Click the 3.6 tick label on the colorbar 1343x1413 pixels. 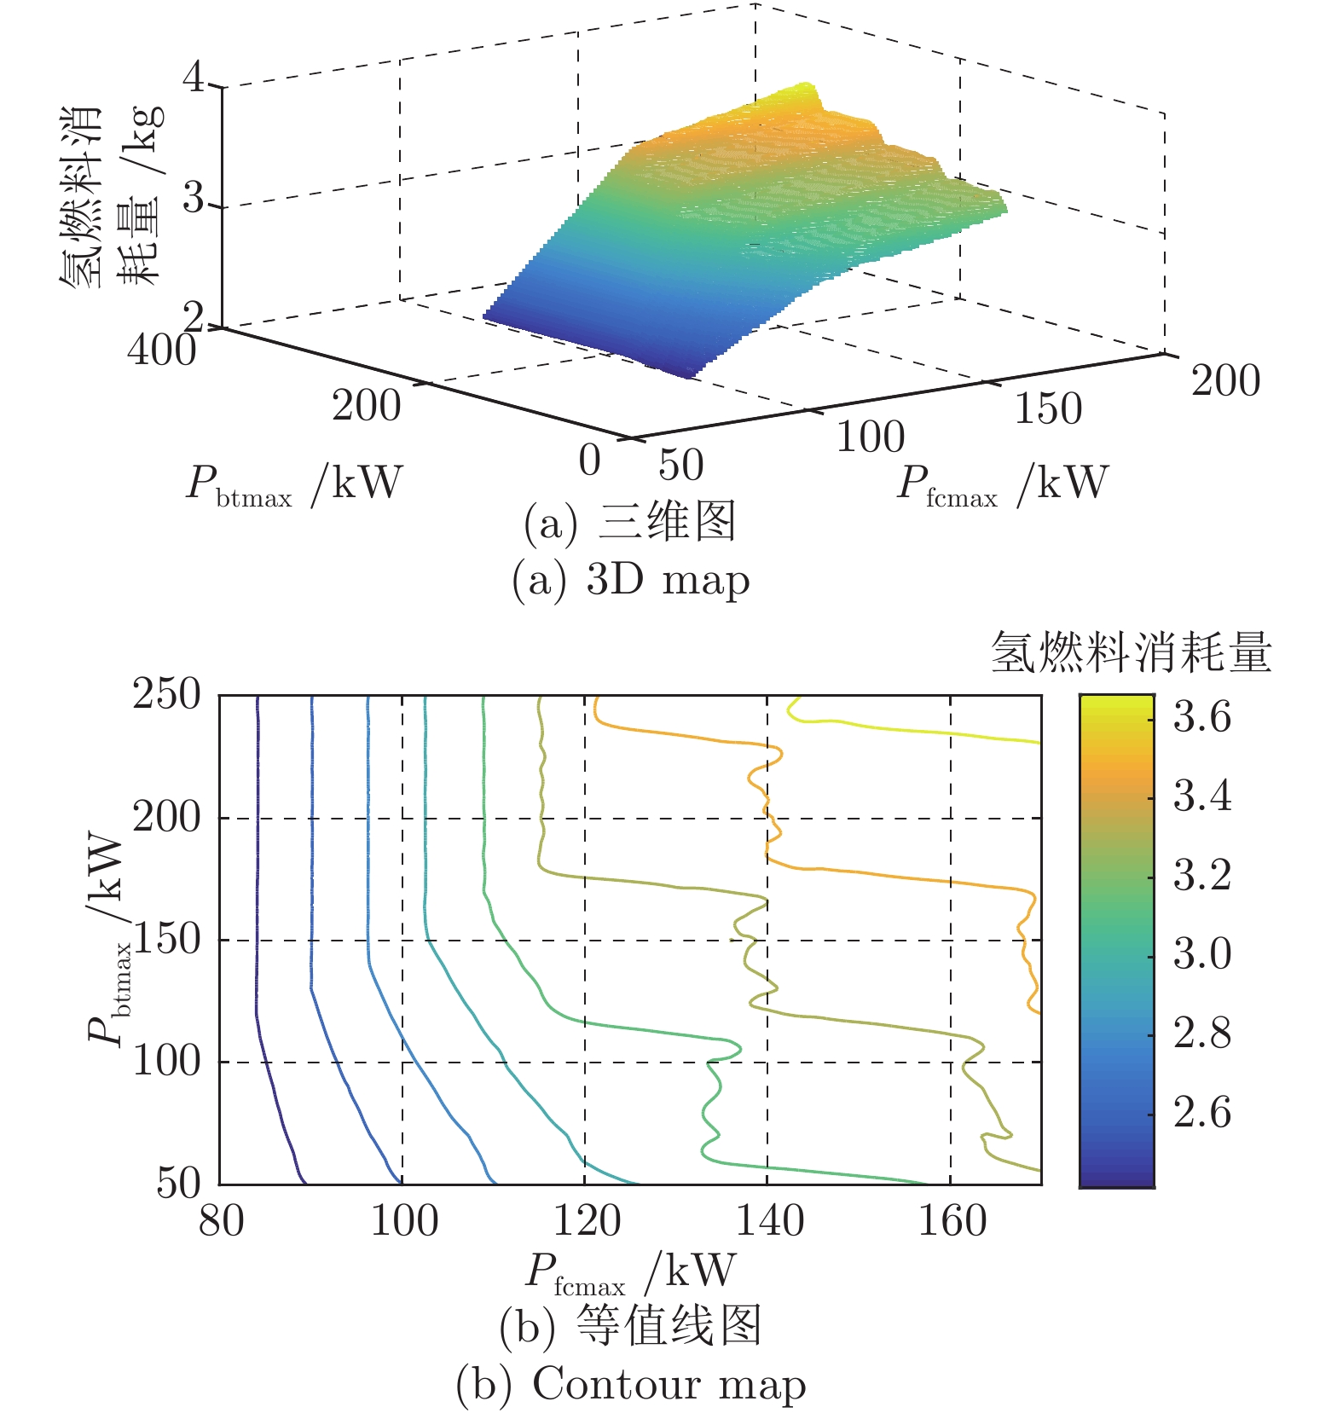click(1201, 716)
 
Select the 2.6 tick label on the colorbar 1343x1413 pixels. click(1201, 1112)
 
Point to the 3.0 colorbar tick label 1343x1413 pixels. click(1201, 953)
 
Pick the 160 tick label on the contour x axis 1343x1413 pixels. click(952, 1220)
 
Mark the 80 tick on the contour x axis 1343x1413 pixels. click(221, 1220)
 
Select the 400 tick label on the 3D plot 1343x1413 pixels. click(161, 350)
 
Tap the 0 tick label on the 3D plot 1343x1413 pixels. click(589, 460)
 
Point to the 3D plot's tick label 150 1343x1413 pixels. click(1048, 408)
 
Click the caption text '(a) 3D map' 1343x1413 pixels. click(630, 580)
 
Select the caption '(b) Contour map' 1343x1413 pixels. click(630, 1383)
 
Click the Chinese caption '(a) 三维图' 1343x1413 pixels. click(630, 522)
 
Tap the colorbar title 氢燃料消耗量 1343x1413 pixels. click(1131, 654)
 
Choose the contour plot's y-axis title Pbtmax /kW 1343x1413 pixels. click(109, 938)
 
